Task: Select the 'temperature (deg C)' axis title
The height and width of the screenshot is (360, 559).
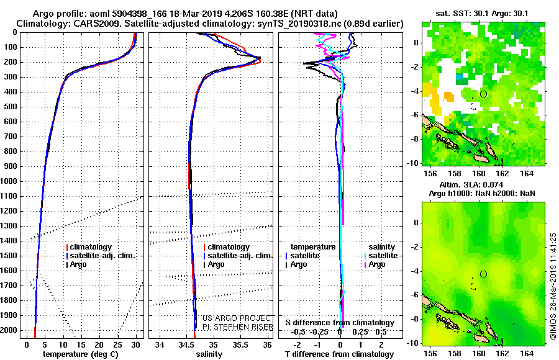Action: (x=81, y=354)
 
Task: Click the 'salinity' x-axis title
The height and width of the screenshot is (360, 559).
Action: (x=209, y=354)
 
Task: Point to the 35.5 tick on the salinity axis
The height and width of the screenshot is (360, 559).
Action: (x=240, y=345)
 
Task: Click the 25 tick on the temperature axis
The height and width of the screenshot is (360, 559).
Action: (x=117, y=345)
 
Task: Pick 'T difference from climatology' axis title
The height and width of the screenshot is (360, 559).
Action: (x=339, y=354)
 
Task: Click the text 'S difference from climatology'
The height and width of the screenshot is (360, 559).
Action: (x=340, y=323)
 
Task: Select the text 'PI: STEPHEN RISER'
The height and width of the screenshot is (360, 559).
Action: (x=238, y=327)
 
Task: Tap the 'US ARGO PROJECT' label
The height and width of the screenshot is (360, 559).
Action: (x=237, y=318)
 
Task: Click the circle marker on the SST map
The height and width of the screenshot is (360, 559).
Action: (x=483, y=94)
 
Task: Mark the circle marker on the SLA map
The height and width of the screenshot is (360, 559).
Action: (x=483, y=274)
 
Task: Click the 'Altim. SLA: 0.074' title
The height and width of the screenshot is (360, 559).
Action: (x=471, y=184)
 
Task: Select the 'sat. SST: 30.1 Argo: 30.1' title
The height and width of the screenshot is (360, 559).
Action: (x=482, y=14)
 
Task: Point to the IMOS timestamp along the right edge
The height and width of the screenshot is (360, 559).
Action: (x=553, y=286)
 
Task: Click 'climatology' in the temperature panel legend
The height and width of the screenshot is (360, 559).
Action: (x=91, y=247)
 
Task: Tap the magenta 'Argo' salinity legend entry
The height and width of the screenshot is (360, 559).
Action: (x=377, y=264)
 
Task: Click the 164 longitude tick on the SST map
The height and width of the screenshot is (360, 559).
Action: (x=527, y=174)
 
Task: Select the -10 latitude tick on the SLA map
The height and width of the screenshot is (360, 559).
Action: (x=413, y=343)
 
